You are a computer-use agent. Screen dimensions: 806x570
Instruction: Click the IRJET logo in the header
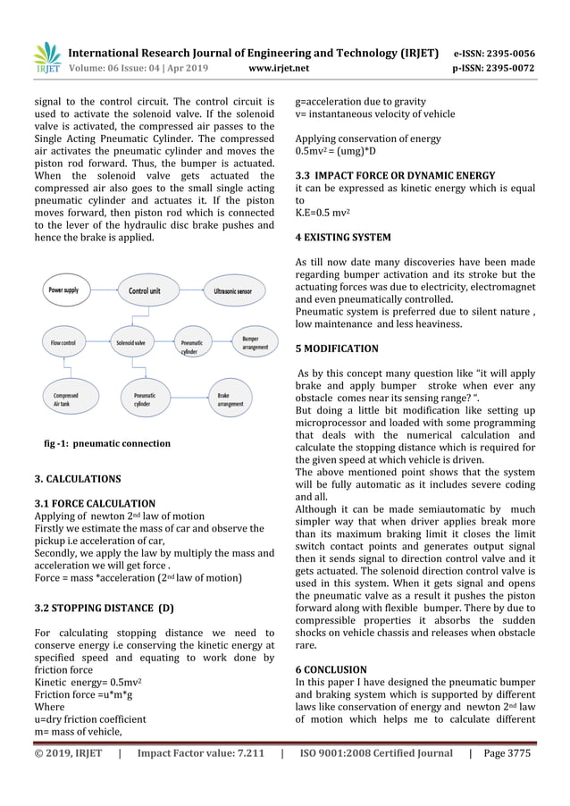pyautogui.click(x=46, y=57)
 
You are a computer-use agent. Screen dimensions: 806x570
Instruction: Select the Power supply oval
pyautogui.click(x=63, y=290)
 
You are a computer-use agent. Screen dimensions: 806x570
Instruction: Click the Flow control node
pyautogui.click(x=63, y=341)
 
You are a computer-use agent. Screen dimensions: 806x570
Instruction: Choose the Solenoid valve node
pyautogui.click(x=131, y=341)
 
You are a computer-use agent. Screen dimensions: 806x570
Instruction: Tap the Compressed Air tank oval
pyautogui.click(x=66, y=399)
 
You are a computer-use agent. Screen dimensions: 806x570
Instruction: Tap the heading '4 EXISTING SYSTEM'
pyautogui.click(x=342, y=238)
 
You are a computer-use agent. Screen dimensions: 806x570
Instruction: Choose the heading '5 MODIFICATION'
pyautogui.click(x=336, y=348)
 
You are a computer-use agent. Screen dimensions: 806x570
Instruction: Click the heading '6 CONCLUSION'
pyautogui.click(x=331, y=668)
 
